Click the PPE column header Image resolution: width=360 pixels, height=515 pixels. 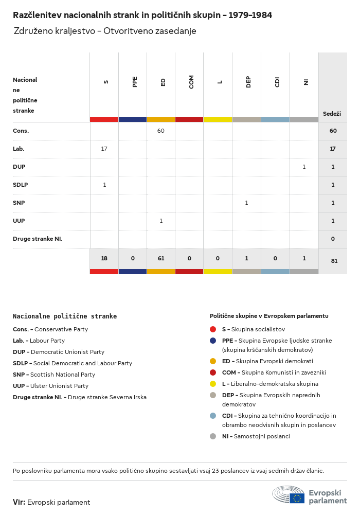point(135,82)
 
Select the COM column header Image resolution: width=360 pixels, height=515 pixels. point(191,82)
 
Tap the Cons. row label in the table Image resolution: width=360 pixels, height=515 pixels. point(21,131)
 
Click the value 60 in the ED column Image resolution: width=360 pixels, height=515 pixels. point(161,131)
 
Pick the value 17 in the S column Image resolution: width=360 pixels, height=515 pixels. point(104,149)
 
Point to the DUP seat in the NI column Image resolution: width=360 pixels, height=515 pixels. point(304,167)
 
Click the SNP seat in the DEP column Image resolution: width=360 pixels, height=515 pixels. point(246,203)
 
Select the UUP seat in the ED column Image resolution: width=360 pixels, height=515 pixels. point(161,221)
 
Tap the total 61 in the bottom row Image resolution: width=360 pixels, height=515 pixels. point(161,258)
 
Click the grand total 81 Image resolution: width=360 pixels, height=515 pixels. point(334,261)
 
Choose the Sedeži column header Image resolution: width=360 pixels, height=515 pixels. point(332,114)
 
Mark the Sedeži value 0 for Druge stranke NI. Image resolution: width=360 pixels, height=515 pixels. point(333,239)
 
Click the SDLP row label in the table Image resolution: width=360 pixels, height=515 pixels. point(21,185)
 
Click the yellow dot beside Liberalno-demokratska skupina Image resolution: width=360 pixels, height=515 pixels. point(213,384)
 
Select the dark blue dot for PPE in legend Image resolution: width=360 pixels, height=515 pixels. point(213,341)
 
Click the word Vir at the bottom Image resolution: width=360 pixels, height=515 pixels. point(19,502)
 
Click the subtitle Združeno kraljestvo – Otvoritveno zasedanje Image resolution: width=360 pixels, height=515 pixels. point(105,31)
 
